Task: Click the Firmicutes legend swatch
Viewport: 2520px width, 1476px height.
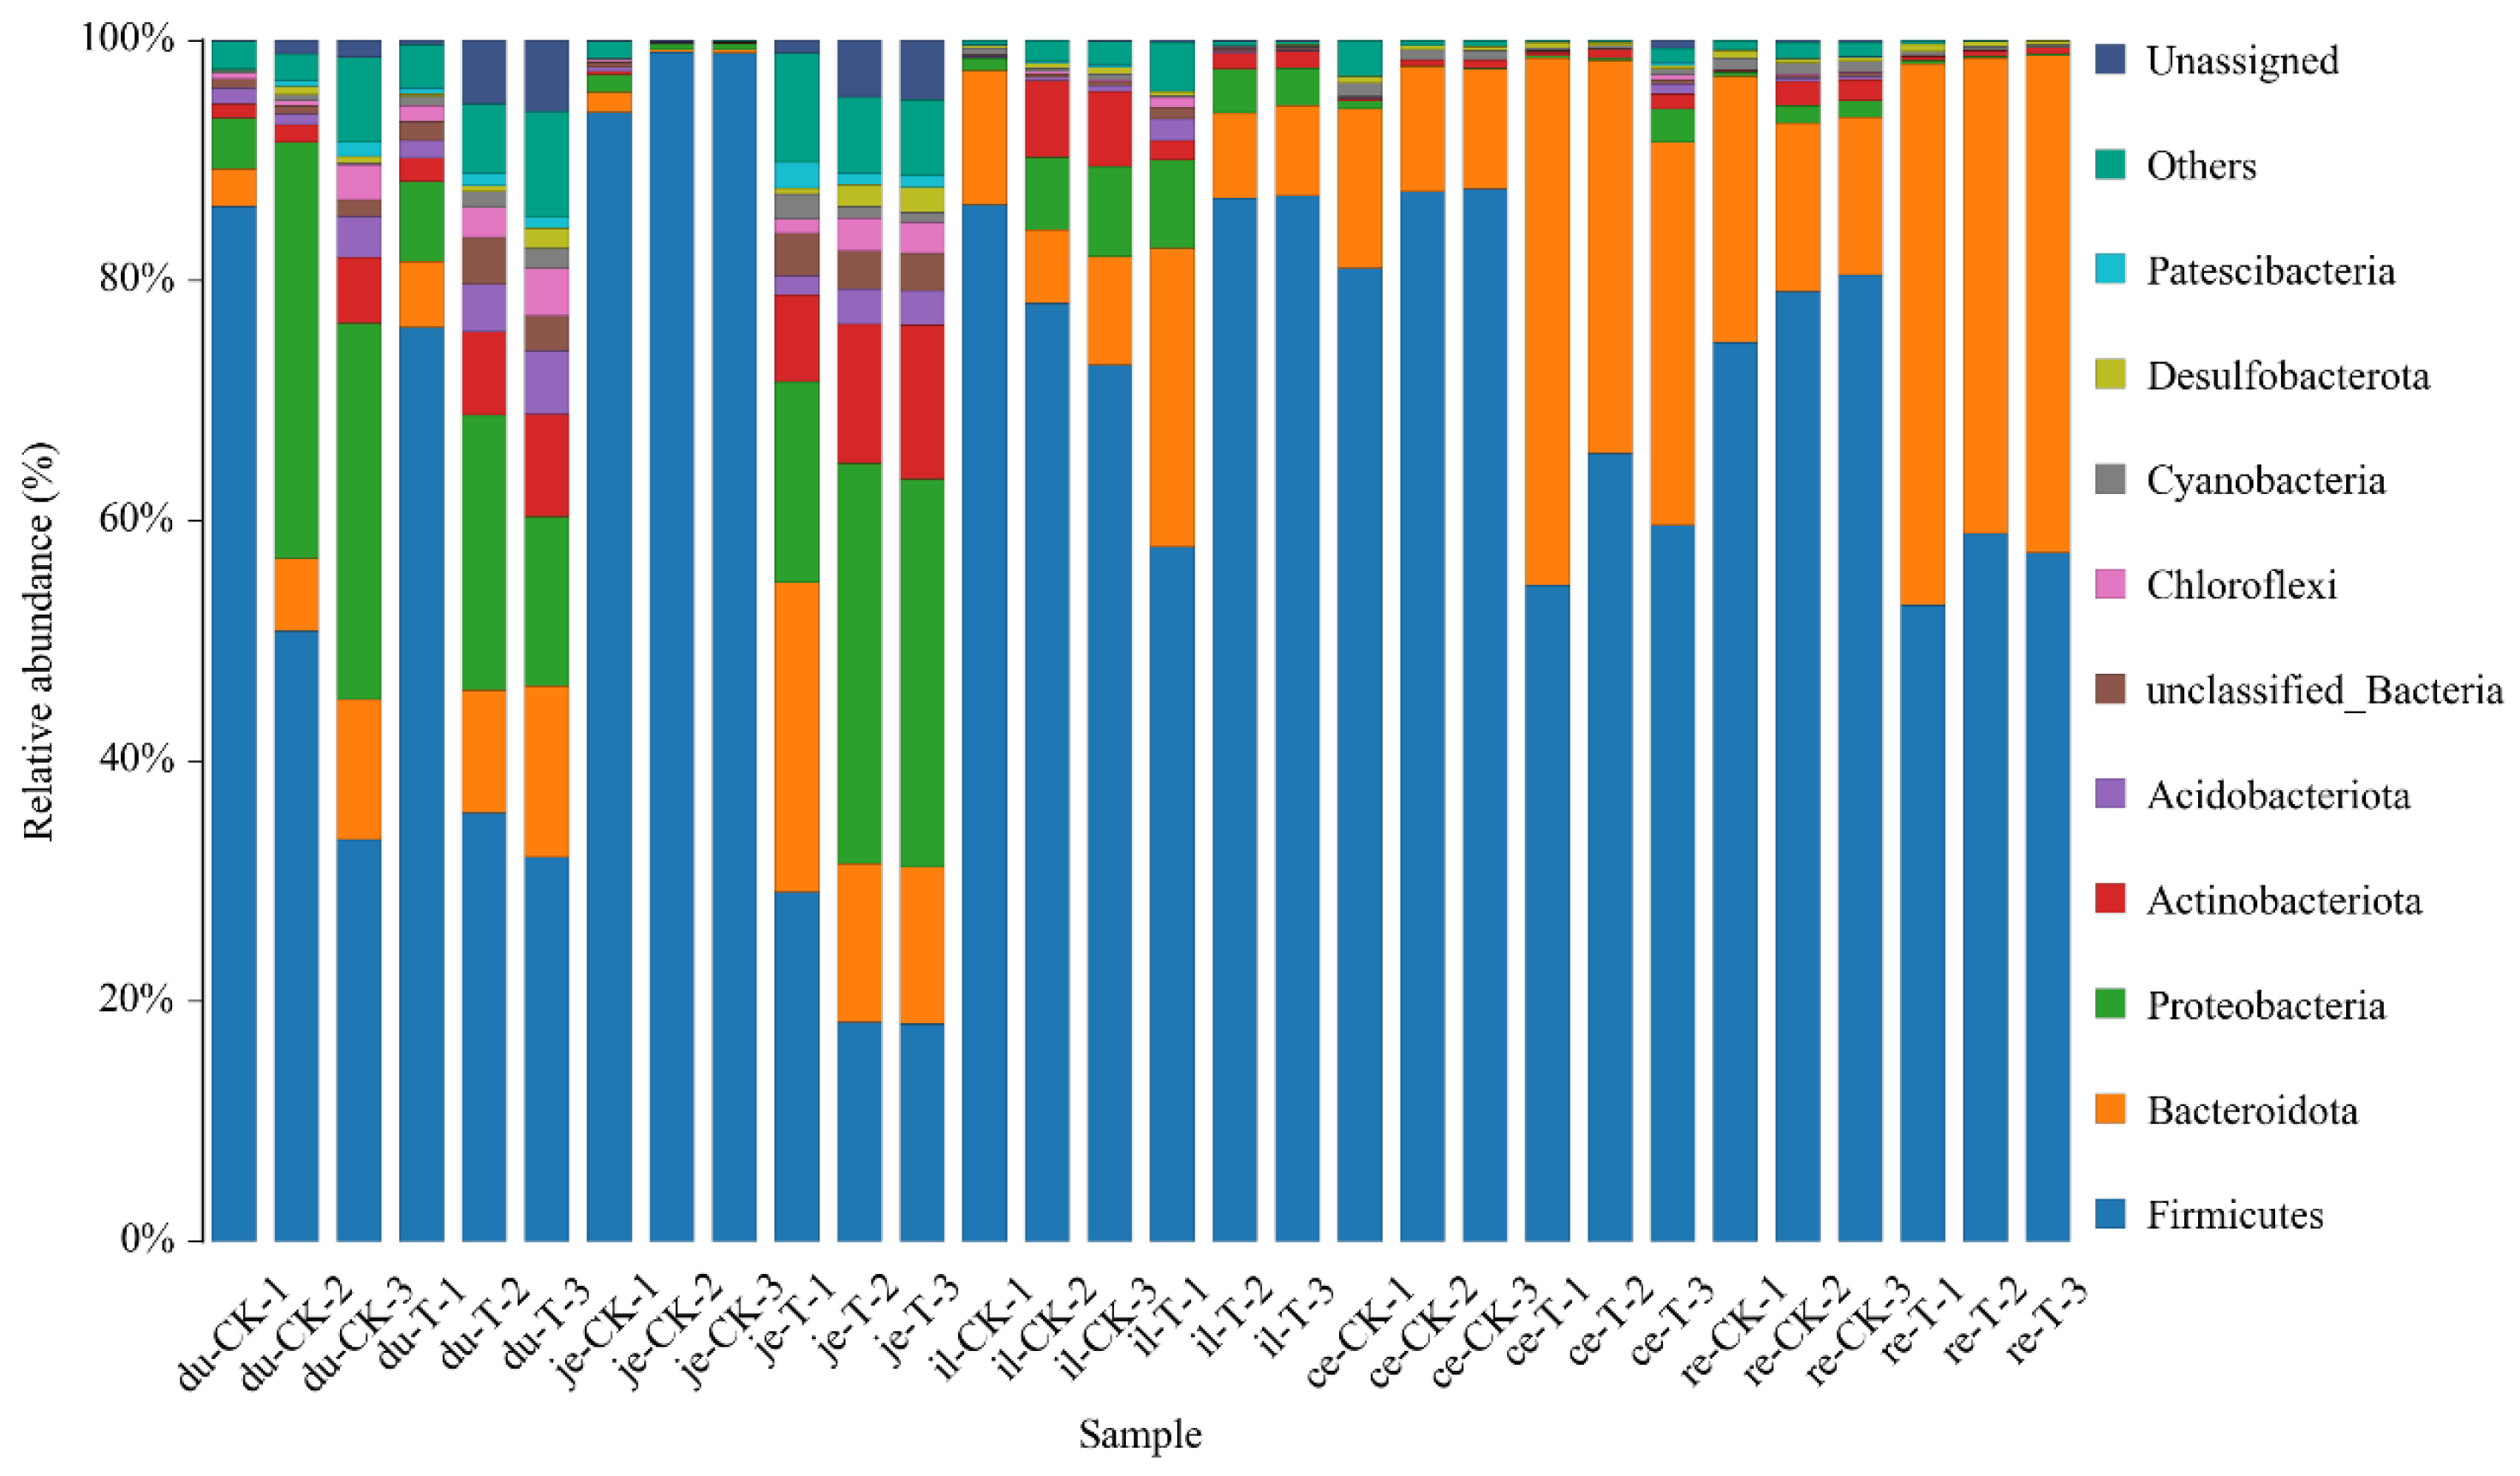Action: coord(2110,1214)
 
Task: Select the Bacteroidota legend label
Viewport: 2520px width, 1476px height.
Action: coord(2252,1110)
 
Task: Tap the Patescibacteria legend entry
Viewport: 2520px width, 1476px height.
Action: coord(2270,271)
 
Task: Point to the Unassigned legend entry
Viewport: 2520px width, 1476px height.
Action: coord(2242,61)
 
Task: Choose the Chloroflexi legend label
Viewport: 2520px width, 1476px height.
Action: coord(2241,585)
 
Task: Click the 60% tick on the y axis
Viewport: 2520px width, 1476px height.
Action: coord(137,519)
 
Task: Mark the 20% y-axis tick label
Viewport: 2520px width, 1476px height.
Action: coord(137,999)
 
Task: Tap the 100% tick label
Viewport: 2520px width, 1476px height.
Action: coord(128,39)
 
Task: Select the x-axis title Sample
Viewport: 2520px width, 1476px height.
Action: coord(1140,1434)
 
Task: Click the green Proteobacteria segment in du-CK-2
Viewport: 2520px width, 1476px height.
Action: coord(297,350)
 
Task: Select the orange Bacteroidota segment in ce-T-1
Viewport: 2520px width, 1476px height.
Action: coord(1547,320)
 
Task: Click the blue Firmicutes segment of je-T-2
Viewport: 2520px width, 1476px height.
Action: coord(859,1130)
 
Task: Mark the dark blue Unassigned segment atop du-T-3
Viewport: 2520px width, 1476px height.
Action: coord(547,75)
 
